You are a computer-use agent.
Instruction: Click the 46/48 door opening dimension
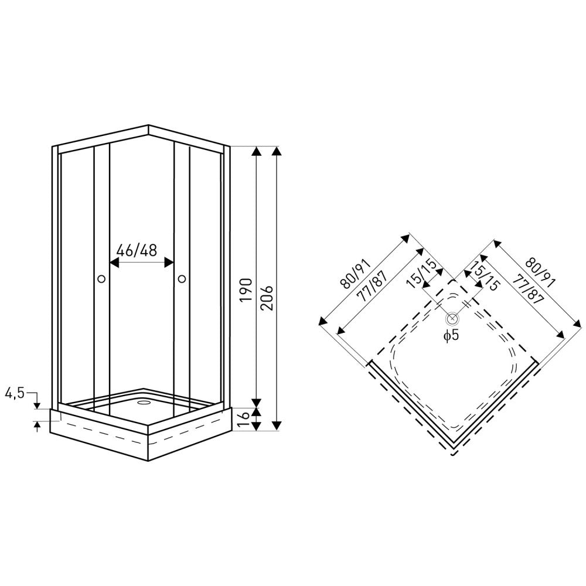[x=137, y=251]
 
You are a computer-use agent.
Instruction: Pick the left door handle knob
[x=101, y=278]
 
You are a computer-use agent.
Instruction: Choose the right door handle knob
[x=182, y=278]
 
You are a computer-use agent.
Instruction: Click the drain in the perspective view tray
[x=143, y=403]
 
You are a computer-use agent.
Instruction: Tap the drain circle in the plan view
[x=452, y=319]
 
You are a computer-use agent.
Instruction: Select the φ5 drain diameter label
[x=451, y=335]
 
